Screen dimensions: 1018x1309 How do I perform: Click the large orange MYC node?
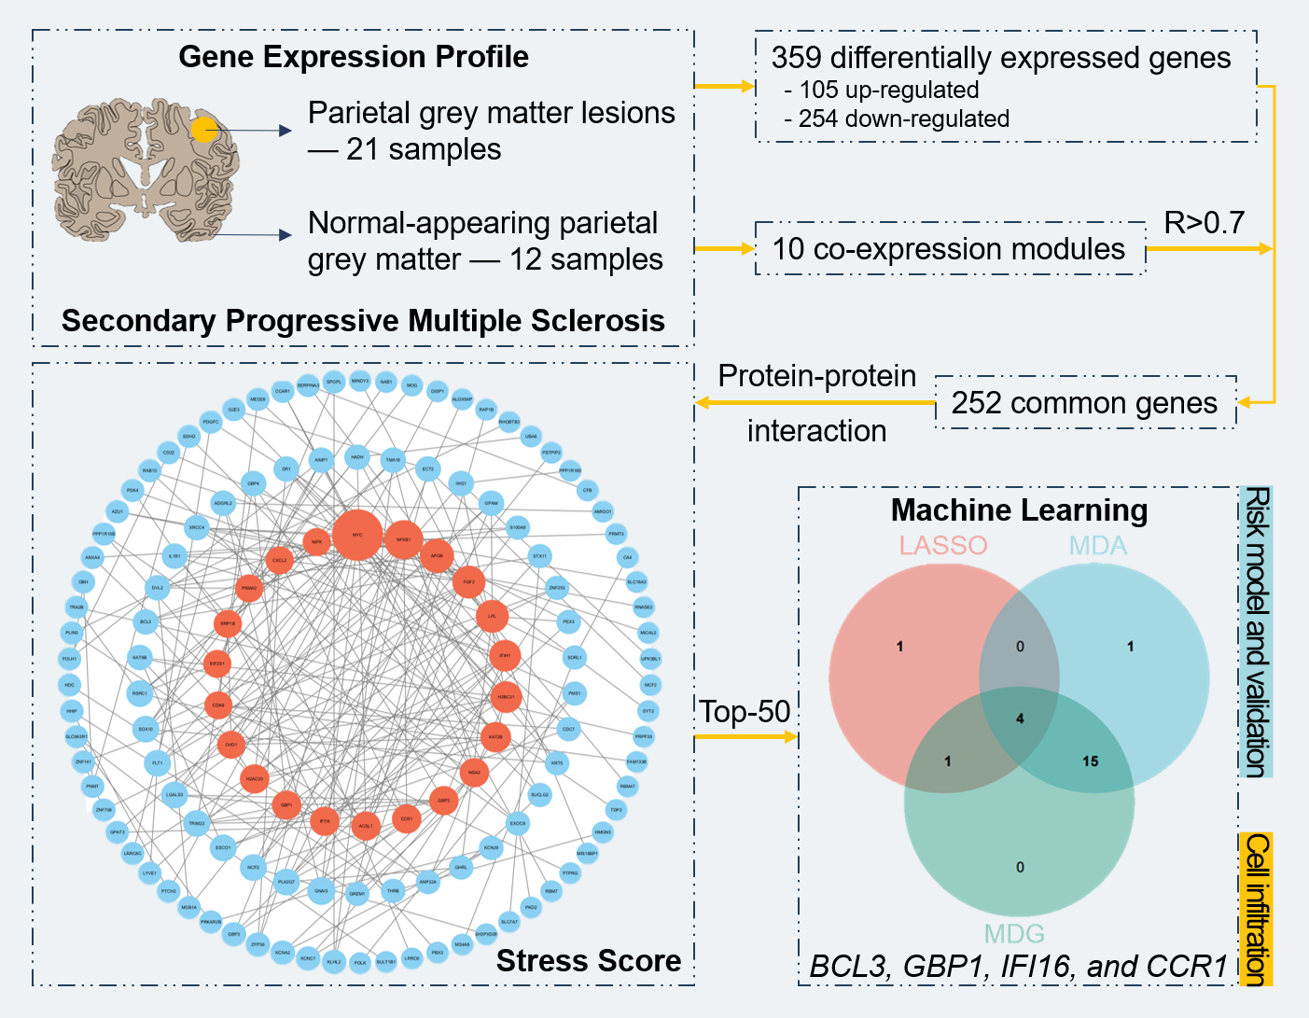[357, 536]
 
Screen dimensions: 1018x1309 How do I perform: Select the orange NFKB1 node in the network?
[403, 539]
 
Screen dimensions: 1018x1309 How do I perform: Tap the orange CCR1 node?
[406, 818]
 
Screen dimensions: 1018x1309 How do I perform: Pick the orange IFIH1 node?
[505, 656]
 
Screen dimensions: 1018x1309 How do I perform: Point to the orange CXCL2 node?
[279, 560]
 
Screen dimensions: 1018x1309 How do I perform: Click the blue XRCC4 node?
[196, 527]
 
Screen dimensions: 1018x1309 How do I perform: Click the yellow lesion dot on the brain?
[205, 130]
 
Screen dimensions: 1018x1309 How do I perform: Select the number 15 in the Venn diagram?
[1090, 761]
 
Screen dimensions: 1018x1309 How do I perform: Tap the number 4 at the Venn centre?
[1020, 718]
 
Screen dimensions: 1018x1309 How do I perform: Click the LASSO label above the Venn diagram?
[942, 545]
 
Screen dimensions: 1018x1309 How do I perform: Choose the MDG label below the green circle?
[1014, 933]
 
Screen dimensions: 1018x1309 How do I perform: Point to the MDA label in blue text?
[1097, 545]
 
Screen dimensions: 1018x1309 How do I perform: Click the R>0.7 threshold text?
[1204, 223]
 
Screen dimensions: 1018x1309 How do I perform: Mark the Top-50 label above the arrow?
[745, 711]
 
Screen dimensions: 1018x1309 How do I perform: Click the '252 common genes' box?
[1084, 403]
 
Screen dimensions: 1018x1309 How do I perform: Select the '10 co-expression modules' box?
[949, 249]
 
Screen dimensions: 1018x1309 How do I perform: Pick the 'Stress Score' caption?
[588, 960]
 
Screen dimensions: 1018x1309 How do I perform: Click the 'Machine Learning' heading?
[1019, 510]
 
